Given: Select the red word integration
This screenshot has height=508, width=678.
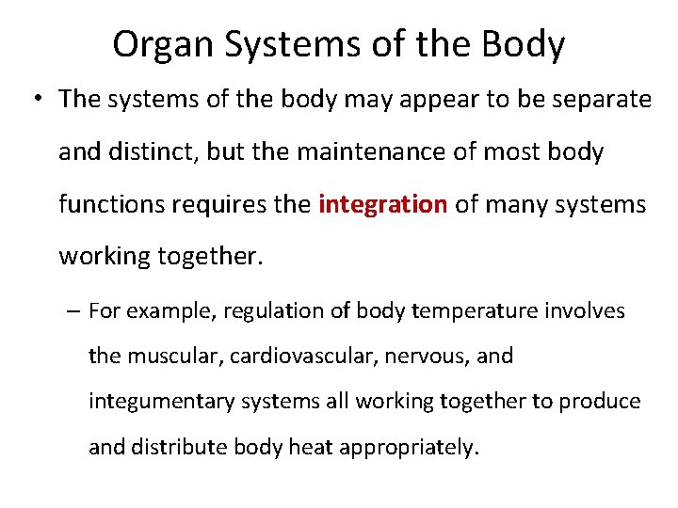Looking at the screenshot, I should pos(382,204).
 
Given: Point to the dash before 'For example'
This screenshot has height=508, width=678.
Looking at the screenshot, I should pos(73,311).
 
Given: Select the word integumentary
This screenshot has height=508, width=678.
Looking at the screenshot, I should pos(164,401).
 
